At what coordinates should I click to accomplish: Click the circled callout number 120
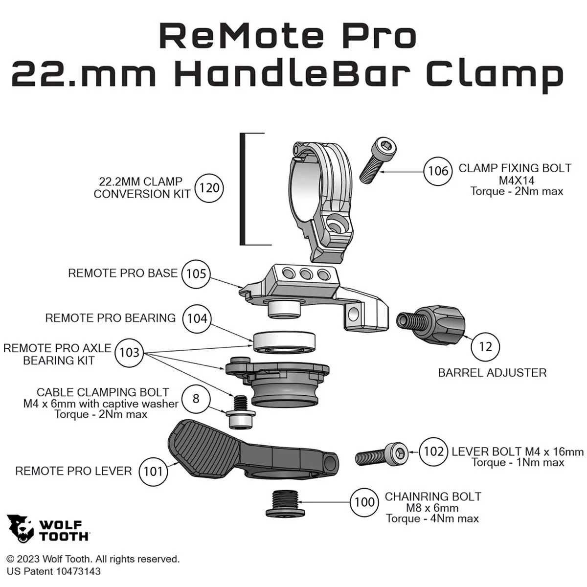coord(209,188)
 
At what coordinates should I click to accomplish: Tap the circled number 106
coord(438,171)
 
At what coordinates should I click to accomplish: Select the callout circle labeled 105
coord(196,273)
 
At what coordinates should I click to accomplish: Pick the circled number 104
coord(197,318)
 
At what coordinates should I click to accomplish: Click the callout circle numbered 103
coord(129,353)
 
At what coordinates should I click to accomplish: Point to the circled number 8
coord(196,399)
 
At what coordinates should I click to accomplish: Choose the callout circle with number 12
coord(485,347)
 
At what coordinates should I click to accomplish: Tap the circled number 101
coord(153,472)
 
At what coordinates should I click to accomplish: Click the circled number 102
coord(433,451)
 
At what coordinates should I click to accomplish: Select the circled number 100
coord(364,502)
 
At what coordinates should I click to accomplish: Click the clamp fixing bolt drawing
coord(376,160)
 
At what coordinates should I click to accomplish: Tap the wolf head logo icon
coord(20,528)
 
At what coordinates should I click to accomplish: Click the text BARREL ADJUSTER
coord(492,373)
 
